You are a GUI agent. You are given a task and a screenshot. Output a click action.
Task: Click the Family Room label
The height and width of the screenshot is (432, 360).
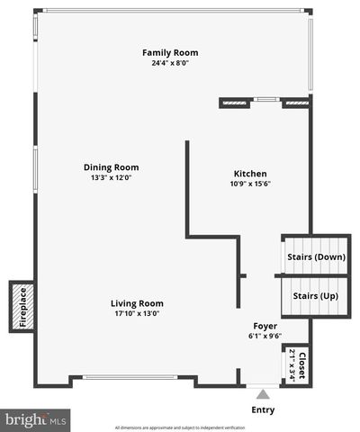point(170,52)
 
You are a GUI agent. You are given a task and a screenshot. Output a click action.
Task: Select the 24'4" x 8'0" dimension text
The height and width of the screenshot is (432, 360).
point(170,63)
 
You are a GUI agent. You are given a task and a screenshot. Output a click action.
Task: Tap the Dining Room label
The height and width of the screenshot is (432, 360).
point(111,166)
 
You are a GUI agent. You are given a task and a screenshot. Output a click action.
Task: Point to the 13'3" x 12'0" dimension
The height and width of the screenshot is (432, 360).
point(111,177)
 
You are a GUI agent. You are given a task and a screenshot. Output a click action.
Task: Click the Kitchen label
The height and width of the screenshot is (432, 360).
point(250,173)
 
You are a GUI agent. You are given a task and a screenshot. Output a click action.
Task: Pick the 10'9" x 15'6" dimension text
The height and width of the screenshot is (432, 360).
point(250,184)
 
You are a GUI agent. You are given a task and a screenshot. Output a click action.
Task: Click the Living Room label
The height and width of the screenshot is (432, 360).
point(137,302)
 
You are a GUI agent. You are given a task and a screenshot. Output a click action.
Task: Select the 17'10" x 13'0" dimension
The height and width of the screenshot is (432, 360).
point(137,313)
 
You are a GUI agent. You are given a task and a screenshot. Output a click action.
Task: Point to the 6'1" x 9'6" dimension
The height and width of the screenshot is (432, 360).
point(265,336)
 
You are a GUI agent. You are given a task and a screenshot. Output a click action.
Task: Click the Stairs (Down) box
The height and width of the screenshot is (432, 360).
point(316,256)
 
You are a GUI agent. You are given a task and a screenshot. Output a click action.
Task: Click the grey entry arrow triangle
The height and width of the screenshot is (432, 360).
point(263,393)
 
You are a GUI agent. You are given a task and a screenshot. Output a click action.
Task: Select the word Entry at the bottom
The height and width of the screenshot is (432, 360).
point(263,409)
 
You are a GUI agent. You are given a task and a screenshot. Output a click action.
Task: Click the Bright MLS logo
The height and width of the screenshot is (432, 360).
point(35,418)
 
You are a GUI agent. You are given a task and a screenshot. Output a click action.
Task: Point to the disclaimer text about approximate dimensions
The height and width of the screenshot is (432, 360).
point(180,427)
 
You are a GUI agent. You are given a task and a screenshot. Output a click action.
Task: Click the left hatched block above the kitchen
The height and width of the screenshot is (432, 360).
point(235,103)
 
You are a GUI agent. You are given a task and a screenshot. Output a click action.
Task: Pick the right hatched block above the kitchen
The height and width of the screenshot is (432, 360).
point(295,103)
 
